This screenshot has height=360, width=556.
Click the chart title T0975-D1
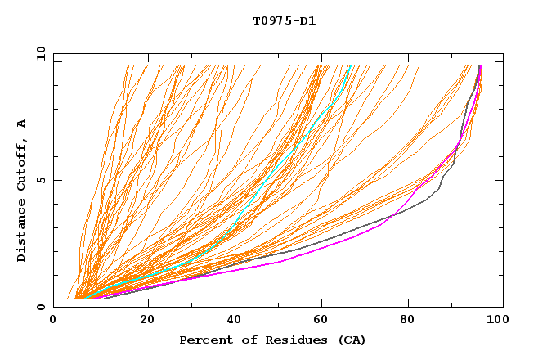[x=284, y=20]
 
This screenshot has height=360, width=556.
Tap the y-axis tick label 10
[x=40, y=53]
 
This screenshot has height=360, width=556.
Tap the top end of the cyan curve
[x=350, y=66]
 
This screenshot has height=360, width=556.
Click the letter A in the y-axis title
[x=21, y=124]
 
